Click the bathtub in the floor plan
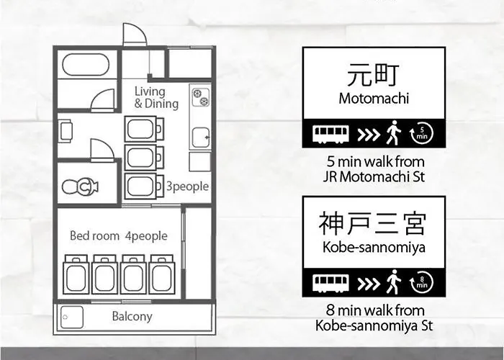tap(85, 65)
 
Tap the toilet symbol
tap(80, 187)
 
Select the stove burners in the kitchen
tap(199, 96)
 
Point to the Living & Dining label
tap(156, 97)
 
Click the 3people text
tap(187, 186)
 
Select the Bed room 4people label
tap(118, 235)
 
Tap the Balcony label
tap(132, 316)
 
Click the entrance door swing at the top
tap(135, 35)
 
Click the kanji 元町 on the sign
tap(374, 74)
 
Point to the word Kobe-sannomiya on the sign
tap(374, 248)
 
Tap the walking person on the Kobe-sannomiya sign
tap(392, 282)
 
